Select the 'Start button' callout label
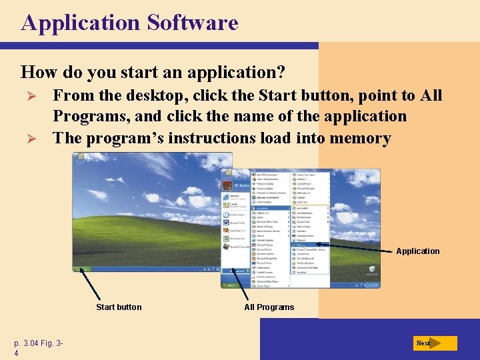[119, 307]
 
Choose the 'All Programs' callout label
[269, 307]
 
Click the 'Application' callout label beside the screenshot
[417, 251]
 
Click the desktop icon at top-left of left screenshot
[80, 159]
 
